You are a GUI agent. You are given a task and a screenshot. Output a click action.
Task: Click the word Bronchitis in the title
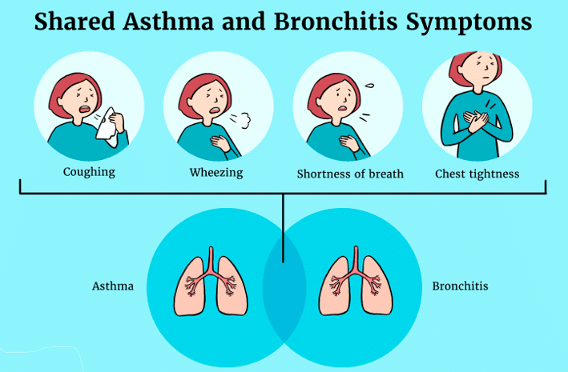pyautogui.click(x=336, y=22)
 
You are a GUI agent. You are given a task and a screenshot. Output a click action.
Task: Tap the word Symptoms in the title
pyautogui.click(x=469, y=23)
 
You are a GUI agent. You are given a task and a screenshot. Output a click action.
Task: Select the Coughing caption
pyautogui.click(x=89, y=172)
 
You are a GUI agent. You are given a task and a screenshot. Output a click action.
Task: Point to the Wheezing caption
pyautogui.click(x=216, y=172)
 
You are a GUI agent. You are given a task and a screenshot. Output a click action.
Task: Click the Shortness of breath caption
pyautogui.click(x=350, y=174)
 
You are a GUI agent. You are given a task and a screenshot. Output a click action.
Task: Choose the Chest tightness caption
pyautogui.click(x=477, y=174)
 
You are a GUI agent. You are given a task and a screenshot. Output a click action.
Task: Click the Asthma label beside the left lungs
pyautogui.click(x=113, y=286)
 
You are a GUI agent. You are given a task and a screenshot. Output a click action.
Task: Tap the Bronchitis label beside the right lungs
pyautogui.click(x=460, y=286)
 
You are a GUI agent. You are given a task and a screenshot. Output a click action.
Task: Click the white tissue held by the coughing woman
pyautogui.click(x=108, y=126)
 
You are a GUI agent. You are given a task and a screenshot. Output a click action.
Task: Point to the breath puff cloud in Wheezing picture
pyautogui.click(x=244, y=121)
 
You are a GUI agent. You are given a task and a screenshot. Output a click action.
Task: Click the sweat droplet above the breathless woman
pyautogui.click(x=369, y=86)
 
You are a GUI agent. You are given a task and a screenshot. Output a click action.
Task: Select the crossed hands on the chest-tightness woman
pyautogui.click(x=476, y=122)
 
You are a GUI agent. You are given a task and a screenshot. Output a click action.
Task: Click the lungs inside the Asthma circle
pyautogui.click(x=211, y=282)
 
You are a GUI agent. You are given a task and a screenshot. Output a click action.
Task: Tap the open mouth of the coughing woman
pyautogui.click(x=86, y=109)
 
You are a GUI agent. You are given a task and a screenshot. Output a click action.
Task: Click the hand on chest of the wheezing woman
pyautogui.click(x=221, y=142)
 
